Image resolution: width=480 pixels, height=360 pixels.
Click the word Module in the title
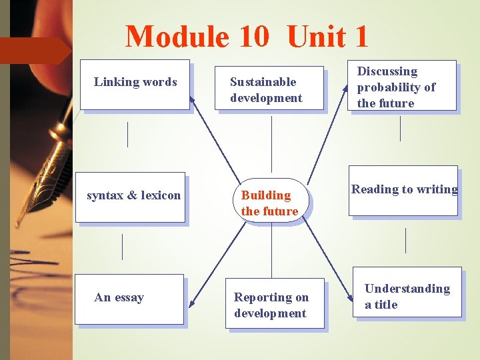177,37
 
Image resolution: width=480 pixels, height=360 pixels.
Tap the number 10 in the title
253,37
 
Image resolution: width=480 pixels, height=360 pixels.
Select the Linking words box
135,84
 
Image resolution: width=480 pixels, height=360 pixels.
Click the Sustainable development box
269,88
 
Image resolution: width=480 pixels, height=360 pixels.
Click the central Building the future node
271,199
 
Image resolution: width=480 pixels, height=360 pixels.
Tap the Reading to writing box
403,191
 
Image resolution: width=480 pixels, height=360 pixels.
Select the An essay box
129,299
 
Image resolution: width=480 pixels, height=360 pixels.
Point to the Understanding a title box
408,293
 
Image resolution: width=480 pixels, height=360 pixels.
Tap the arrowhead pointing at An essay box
191,305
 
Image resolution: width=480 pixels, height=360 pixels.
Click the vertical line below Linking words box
127,134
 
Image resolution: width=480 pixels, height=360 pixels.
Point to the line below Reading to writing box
405,240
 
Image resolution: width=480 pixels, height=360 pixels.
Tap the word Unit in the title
327,37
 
